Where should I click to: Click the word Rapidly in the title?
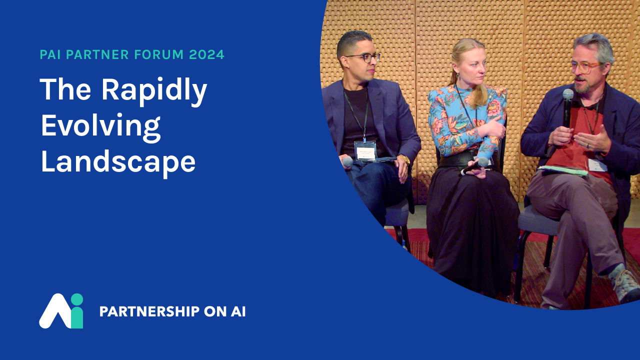click(154, 91)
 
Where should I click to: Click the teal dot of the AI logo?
click(76, 299)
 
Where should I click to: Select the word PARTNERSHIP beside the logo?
click(149, 311)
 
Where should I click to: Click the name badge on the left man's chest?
click(365, 150)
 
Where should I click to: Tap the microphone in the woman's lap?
click(474, 166)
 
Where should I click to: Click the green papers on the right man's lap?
click(562, 170)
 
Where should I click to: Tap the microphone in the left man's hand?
click(347, 162)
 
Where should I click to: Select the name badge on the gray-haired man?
click(597, 165)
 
